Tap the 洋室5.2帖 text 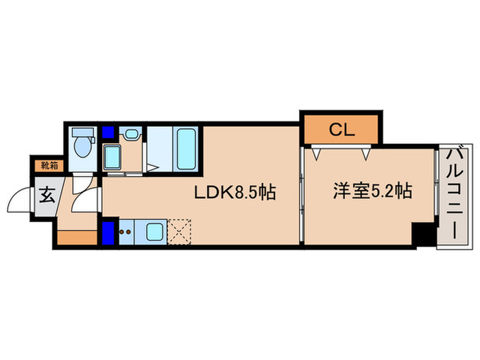(x=373, y=191)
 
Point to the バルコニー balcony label (x=453, y=195)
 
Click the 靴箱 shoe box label (x=48, y=165)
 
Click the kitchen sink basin (x=154, y=232)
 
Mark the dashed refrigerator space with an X (x=180, y=232)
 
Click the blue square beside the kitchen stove (x=108, y=232)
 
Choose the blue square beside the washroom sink (x=108, y=133)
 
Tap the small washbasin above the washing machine (x=131, y=133)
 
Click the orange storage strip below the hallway (x=77, y=238)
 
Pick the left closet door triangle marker (x=316, y=154)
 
